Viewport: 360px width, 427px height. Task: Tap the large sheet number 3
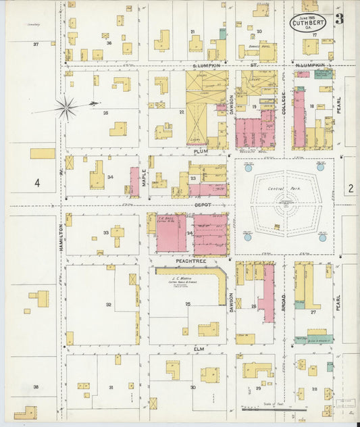[339, 19]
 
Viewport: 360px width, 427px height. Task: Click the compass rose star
[66, 107]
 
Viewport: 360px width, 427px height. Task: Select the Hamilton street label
[61, 237]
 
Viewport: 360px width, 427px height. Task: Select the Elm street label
[199, 349]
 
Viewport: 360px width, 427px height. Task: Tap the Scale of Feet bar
[274, 409]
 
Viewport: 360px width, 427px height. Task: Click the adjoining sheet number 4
[37, 182]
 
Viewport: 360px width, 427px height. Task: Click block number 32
[108, 305]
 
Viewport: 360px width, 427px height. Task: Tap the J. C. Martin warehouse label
[183, 278]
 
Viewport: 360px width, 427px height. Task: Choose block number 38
[36, 387]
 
